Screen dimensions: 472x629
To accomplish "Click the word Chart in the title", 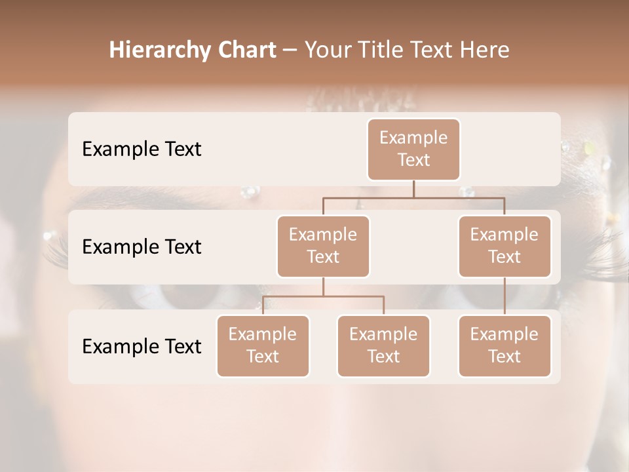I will (x=247, y=50).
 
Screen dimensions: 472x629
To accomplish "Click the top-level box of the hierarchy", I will (x=413, y=149).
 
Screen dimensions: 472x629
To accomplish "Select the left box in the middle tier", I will (x=323, y=246).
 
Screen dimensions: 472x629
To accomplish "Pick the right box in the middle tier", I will (x=505, y=246).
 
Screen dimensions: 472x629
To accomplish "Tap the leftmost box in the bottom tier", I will (x=263, y=345).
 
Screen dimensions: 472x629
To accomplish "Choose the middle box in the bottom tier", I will (x=383, y=345).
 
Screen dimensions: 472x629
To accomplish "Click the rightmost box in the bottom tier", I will (x=505, y=345).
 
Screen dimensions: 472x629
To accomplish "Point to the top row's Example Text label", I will (x=142, y=149).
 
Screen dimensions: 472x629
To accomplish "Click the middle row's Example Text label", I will (x=142, y=246).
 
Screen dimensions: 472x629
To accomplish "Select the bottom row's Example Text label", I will (x=142, y=346).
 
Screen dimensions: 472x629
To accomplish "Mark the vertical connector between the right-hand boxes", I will (x=505, y=296).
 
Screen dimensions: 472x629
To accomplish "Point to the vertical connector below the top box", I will (x=413, y=189).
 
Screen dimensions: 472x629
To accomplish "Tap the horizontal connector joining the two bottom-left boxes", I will (x=323, y=296).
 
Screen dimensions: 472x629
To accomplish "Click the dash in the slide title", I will (x=290, y=50).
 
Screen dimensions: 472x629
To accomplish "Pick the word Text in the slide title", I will (x=429, y=50).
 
